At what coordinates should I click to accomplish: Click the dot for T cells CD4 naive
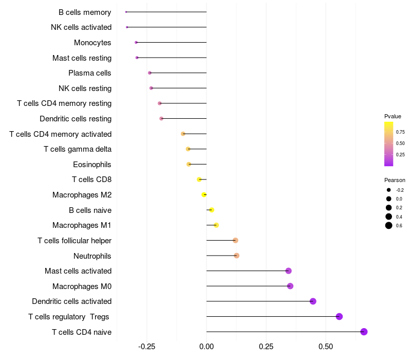click(364, 332)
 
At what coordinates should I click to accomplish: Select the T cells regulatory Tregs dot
click(339, 316)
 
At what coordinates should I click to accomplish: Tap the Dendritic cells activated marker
click(313, 301)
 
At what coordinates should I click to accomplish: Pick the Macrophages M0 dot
click(290, 286)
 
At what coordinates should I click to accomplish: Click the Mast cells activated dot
click(288, 271)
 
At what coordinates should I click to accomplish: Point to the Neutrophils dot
click(236, 256)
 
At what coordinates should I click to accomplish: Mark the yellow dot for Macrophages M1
click(216, 225)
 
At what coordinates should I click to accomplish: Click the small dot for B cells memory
click(126, 12)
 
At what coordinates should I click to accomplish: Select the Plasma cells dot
click(150, 73)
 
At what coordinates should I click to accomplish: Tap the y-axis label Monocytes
click(92, 43)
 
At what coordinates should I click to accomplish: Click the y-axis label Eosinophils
click(92, 165)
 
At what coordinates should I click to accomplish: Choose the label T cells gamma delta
click(78, 149)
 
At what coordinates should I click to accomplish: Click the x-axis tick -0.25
click(146, 347)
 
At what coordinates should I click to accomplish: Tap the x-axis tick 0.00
click(207, 347)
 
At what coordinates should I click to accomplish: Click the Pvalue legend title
click(393, 116)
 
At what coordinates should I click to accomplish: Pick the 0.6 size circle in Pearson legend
click(389, 225)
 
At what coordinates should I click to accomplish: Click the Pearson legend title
click(395, 180)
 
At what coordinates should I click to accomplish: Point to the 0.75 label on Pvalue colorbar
click(400, 132)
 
